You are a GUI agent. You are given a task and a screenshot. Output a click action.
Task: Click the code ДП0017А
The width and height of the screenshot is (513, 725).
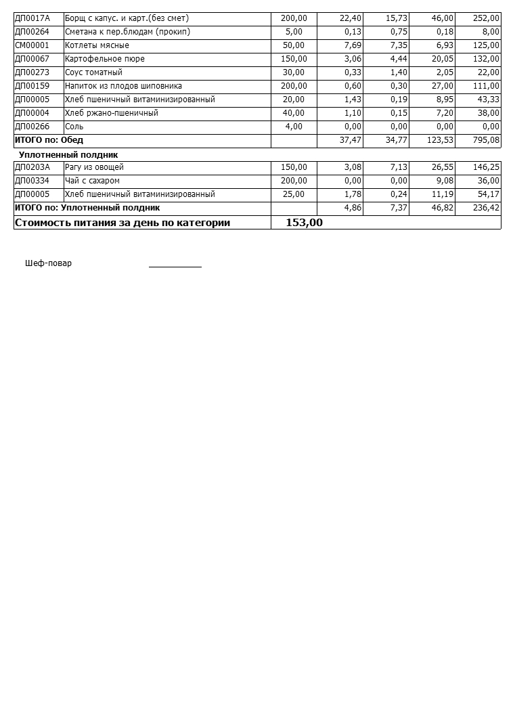point(32,18)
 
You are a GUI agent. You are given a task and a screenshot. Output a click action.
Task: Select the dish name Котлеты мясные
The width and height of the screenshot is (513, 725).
point(97,45)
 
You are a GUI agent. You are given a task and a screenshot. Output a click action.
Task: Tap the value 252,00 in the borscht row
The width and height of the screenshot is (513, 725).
point(487,18)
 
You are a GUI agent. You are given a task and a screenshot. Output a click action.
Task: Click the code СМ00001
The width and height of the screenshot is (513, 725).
point(32,45)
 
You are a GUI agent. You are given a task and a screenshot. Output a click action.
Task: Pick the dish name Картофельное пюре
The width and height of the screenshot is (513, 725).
point(104,59)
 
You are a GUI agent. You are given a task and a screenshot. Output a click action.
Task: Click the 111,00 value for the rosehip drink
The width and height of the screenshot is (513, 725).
point(487,86)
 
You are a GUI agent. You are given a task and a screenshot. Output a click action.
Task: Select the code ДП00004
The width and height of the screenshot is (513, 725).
point(32,113)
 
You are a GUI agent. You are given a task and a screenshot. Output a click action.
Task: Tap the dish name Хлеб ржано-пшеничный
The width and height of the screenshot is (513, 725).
point(111,113)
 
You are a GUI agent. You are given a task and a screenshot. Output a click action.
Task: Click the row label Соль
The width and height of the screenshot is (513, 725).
point(74,127)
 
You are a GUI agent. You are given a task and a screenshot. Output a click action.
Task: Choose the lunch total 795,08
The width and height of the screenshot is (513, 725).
point(487,140)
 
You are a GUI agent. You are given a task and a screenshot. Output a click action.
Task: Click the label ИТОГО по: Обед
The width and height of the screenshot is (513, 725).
point(49,140)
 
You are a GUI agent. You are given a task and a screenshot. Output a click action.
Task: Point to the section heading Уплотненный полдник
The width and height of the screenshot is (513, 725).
point(68,155)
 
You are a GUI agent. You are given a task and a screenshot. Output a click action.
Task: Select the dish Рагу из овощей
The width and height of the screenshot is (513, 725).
point(94,167)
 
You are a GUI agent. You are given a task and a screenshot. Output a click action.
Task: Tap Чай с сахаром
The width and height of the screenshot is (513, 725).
point(92,181)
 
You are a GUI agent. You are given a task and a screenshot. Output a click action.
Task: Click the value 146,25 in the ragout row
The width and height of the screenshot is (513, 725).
point(487,167)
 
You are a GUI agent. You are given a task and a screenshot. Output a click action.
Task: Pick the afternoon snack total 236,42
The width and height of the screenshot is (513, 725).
point(487,208)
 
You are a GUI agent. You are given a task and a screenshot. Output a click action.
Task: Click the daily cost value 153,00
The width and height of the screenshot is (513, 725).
point(304,223)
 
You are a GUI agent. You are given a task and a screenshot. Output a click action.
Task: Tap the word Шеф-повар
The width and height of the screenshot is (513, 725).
point(48,263)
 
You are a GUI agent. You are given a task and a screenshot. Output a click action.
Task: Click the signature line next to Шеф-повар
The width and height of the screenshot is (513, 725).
point(175,265)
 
